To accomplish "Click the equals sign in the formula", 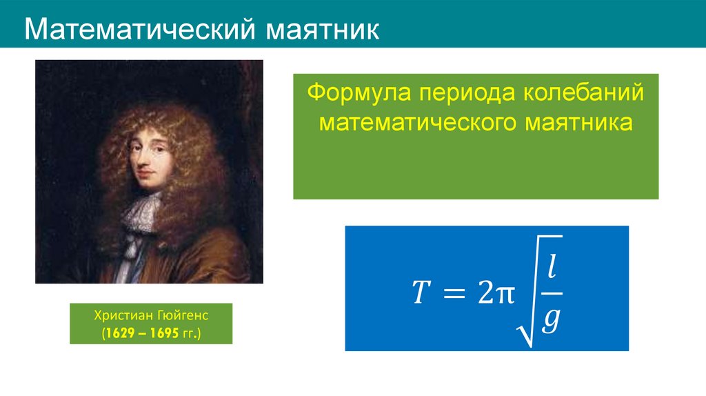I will tap(452, 294).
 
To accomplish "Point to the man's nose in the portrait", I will tap(144, 160).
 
